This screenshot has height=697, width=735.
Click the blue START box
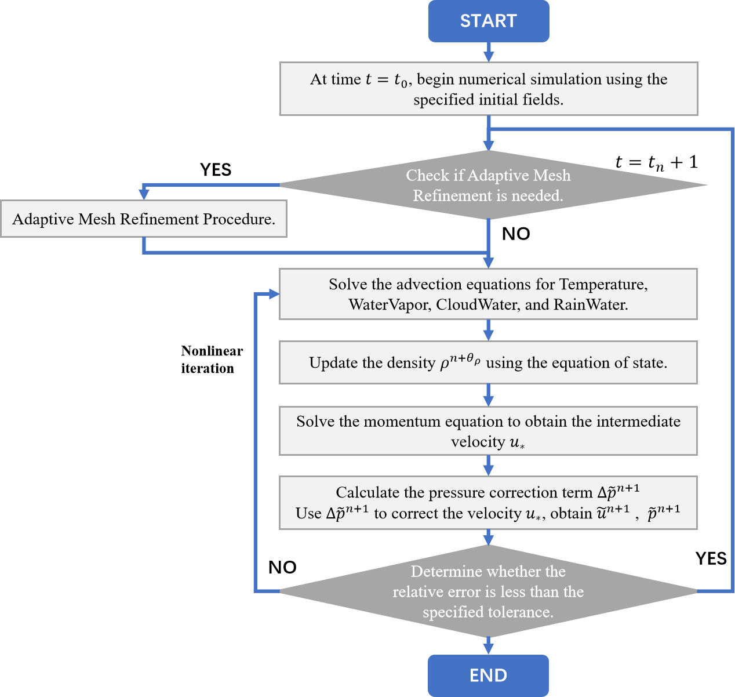coord(488,21)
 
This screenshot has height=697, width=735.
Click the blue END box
coord(488,676)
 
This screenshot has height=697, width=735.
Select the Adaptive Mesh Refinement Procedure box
coord(144,219)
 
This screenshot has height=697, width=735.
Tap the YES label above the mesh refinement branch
coord(216,169)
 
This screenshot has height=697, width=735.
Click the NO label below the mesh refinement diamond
coord(516,234)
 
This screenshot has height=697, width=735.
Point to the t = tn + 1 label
coord(657,163)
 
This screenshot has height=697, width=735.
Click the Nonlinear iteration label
coord(212,360)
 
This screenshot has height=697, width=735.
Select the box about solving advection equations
coord(488,294)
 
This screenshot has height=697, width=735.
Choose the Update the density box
coord(488,362)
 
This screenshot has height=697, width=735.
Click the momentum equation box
coord(488,431)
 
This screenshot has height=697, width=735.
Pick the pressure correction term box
coord(488,503)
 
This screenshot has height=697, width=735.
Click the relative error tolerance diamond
coord(488,591)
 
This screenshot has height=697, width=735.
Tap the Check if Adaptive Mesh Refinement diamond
coord(493,185)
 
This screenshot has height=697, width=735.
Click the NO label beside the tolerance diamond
coord(282,567)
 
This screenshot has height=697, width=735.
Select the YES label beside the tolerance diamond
coord(711,558)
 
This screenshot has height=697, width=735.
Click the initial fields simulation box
coord(489,89)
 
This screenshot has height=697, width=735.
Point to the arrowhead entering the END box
coord(488,649)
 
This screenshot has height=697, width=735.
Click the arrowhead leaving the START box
coord(489,57)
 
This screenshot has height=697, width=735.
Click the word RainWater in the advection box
coord(590,304)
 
